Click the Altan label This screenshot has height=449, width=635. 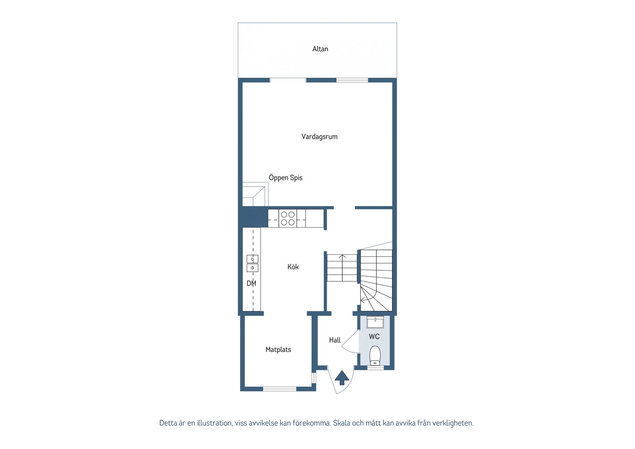tap(320, 49)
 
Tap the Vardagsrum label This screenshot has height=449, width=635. tap(319, 137)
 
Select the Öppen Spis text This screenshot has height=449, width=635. tap(285, 178)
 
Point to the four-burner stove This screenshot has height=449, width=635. tap(288, 218)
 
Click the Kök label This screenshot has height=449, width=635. tap(293, 267)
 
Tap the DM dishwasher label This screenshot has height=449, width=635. tap(251, 284)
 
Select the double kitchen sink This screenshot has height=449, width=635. tap(252, 263)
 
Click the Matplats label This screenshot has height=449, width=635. tap(278, 350)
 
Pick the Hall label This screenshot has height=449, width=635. tap(335, 340)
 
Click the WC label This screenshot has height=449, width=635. tap(374, 337)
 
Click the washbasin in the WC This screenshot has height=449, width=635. tap(375, 322)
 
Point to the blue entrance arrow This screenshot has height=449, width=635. tap(342, 378)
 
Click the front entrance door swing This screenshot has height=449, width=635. tap(341, 382)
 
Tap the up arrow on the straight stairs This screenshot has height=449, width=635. tap(342, 257)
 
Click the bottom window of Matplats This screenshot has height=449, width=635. tap(279, 389)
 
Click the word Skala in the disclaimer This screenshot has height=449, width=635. tap(341, 423)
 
